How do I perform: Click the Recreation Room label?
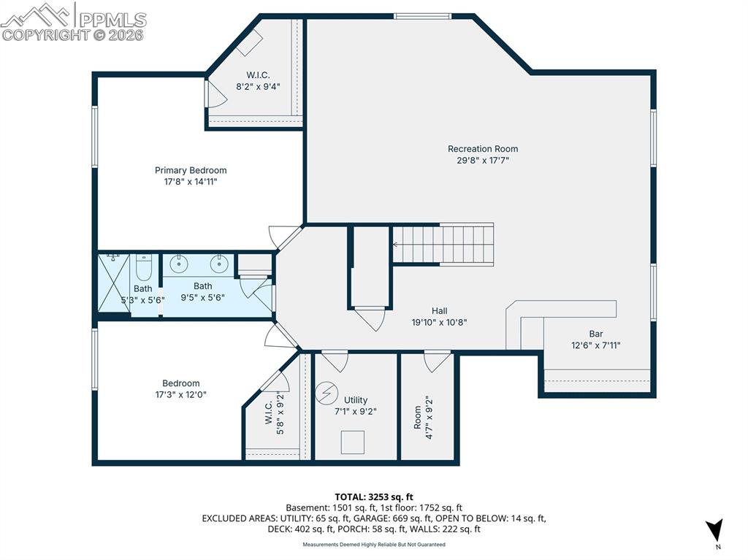[x=483, y=149]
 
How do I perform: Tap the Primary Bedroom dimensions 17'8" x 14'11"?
[x=191, y=182]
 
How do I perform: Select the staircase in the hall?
[x=443, y=244]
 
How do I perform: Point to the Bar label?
[x=596, y=334]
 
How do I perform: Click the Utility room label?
[x=356, y=400]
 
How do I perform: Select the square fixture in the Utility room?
[x=353, y=442]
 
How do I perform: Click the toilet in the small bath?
[x=143, y=268]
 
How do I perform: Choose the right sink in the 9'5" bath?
[x=218, y=264]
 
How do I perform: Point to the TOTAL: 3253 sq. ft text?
[x=373, y=497]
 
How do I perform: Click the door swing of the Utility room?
[x=335, y=361]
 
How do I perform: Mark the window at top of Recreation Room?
[x=423, y=16]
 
